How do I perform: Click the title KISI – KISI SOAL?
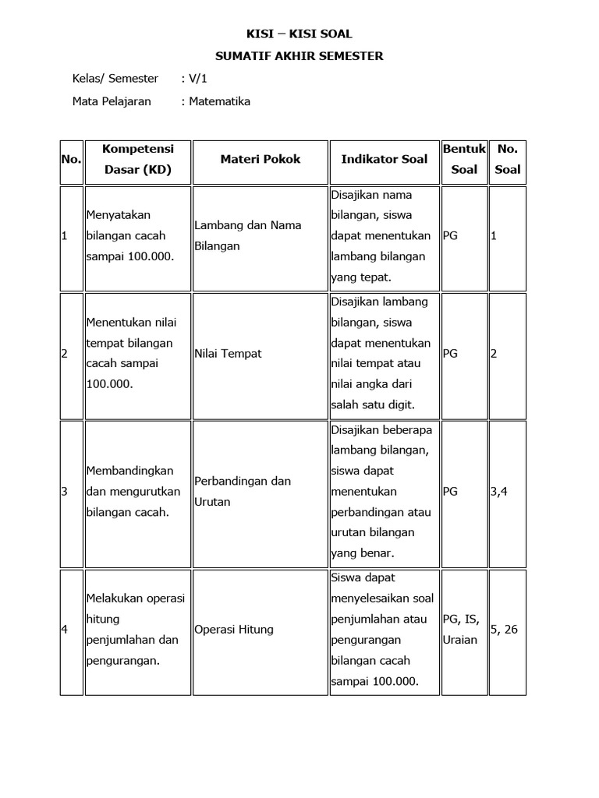299,34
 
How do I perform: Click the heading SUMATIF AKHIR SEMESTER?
299,56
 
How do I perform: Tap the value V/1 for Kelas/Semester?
194,79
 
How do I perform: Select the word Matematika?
219,101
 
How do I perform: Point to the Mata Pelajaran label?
112,101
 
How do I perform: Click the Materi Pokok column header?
260,159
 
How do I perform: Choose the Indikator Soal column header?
385,159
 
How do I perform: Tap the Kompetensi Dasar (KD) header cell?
137,159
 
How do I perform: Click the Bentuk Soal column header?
464,159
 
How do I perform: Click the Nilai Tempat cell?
228,354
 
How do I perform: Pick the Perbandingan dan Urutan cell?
242,491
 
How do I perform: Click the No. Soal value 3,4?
498,492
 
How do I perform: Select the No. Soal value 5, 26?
504,630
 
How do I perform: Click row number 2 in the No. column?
64,354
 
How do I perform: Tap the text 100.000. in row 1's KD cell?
147,256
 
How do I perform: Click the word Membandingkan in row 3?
130,471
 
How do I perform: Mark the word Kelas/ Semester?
115,79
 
